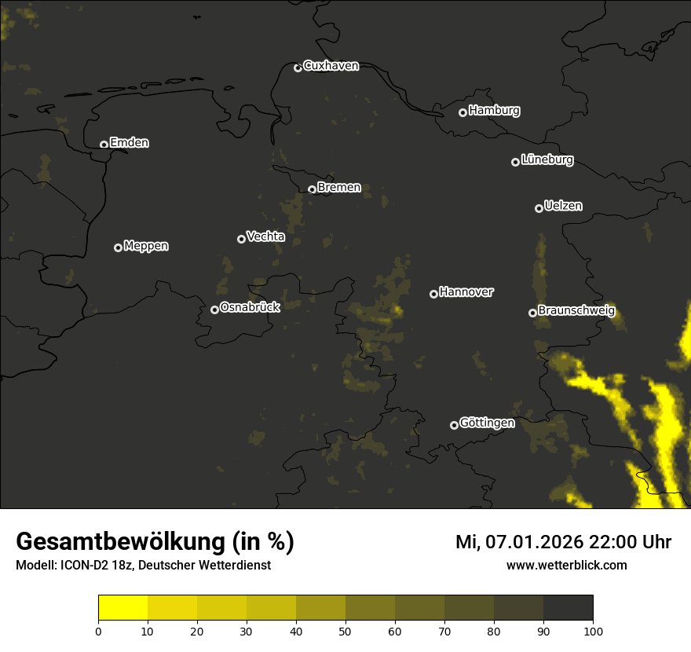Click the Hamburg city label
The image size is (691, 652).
pyautogui.click(x=494, y=111)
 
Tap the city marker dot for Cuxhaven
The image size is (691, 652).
pyautogui.click(x=298, y=68)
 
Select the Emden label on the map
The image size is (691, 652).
pyautogui.click(x=129, y=143)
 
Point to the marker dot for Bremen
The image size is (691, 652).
pyautogui.click(x=312, y=189)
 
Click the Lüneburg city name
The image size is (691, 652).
pyautogui.click(x=547, y=160)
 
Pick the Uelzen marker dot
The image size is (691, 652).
pyautogui.click(x=539, y=208)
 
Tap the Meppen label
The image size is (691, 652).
pyautogui.click(x=145, y=246)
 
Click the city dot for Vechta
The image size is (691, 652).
pyautogui.click(x=241, y=239)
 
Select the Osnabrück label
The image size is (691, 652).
pyautogui.click(x=250, y=307)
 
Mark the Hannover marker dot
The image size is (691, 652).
pyautogui.click(x=433, y=294)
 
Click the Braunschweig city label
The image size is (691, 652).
pyautogui.click(x=576, y=310)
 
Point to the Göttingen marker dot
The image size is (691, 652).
pyautogui.click(x=454, y=425)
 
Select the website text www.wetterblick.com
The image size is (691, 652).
pyautogui.click(x=566, y=565)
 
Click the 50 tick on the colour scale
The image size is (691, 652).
pyautogui.click(x=345, y=630)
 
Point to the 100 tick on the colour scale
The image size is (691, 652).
pyautogui.click(x=593, y=630)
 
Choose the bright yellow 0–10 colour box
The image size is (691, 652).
pyautogui.click(x=123, y=608)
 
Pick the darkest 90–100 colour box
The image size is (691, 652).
pyautogui.click(x=568, y=608)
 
